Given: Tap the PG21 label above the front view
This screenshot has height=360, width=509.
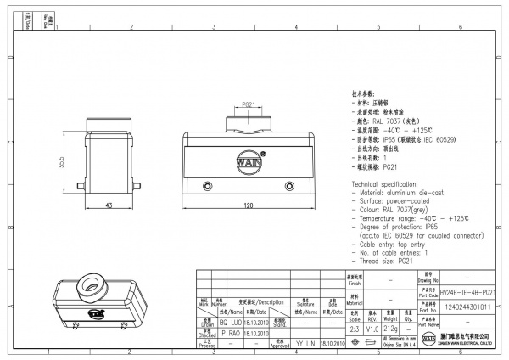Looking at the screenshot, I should [249, 104].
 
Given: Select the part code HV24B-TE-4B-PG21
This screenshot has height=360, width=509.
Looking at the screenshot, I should [467, 291].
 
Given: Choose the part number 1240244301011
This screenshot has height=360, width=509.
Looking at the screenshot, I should [467, 307].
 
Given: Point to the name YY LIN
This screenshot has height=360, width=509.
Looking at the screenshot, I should [305, 345].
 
